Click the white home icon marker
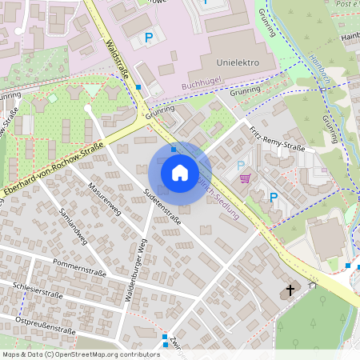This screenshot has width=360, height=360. (x=179, y=172)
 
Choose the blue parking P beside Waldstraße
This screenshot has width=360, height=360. (x=148, y=37)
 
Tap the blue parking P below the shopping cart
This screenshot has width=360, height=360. (x=273, y=197)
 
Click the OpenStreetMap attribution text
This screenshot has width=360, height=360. (x=81, y=354)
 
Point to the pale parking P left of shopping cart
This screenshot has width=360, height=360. (x=242, y=164)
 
